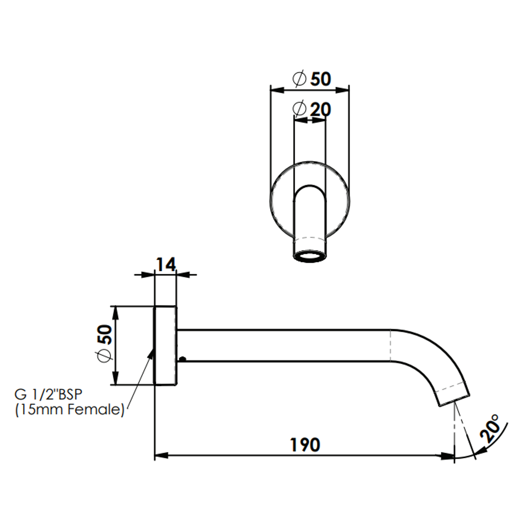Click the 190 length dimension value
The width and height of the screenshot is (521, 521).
pos(305,445)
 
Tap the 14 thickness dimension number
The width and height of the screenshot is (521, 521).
pos(165,265)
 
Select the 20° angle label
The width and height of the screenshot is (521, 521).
pos(490,428)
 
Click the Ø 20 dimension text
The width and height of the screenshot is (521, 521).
pos(312,109)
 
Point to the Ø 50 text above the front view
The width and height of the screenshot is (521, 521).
pos(312,79)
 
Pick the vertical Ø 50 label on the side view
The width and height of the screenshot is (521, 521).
pos(104,344)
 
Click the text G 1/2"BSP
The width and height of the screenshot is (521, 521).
pos(48,395)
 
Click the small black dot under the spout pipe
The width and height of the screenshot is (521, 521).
pos(182,359)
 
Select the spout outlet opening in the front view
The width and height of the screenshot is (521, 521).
pos(310,256)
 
